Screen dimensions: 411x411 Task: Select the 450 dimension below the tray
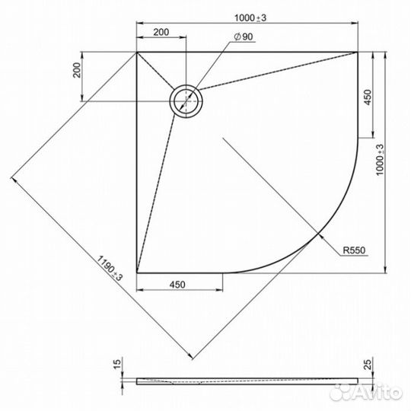click(177, 285)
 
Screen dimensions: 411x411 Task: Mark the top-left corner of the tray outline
click(137, 53)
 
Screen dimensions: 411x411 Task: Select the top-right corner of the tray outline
click(357, 53)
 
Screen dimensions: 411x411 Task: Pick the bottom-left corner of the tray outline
click(137, 272)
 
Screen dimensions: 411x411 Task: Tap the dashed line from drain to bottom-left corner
click(158, 190)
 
